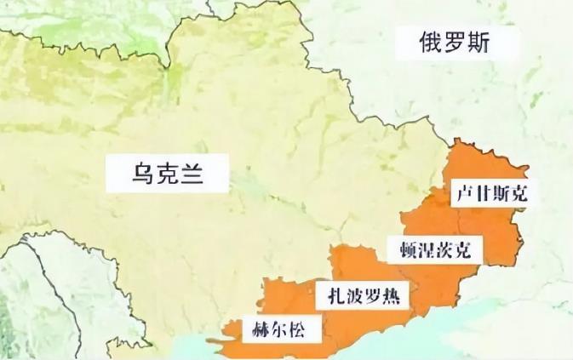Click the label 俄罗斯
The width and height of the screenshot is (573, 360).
[455, 43]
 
